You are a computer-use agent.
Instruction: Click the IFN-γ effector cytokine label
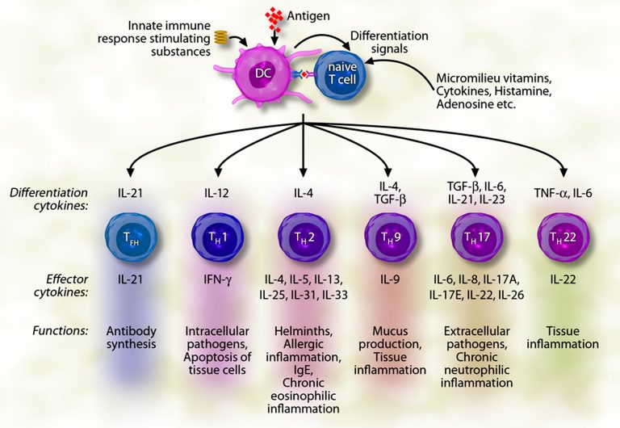coord(214,279)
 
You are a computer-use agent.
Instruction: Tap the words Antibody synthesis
coord(128,337)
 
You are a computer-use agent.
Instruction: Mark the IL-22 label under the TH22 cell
coord(559,279)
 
